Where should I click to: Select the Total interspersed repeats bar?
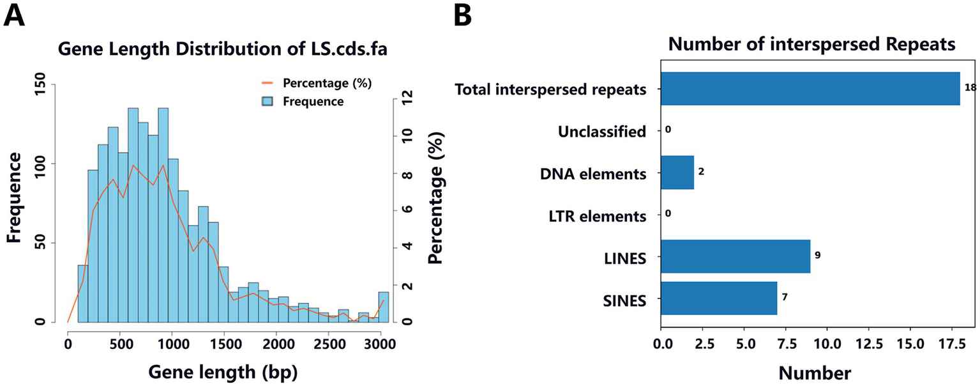pos(810,88)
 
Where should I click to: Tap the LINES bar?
pos(735,256)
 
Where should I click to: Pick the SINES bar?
pos(718,298)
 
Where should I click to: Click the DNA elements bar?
pos(677,173)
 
